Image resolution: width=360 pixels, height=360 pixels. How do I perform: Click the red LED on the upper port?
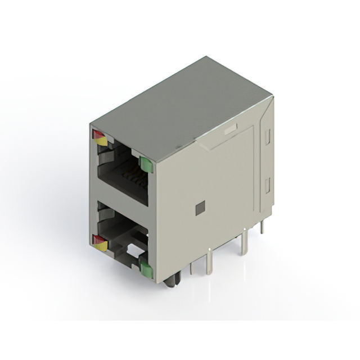point(98,134)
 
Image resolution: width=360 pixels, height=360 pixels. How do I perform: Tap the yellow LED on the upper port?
point(101,141)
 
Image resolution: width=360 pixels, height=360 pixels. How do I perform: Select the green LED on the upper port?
point(146,164)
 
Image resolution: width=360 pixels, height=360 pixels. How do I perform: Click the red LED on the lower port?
point(98,239)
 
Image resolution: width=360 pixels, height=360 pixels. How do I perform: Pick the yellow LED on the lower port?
point(101,245)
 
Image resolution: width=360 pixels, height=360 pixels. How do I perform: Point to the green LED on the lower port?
point(146,270)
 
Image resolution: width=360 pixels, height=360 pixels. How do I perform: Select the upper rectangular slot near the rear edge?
point(268,136)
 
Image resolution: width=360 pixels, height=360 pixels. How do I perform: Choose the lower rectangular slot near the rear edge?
point(268,184)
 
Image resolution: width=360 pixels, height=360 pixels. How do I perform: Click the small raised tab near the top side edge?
point(229,130)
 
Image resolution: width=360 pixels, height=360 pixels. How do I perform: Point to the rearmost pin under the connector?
point(262,226)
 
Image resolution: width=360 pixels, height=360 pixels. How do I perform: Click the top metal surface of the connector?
point(180,104)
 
